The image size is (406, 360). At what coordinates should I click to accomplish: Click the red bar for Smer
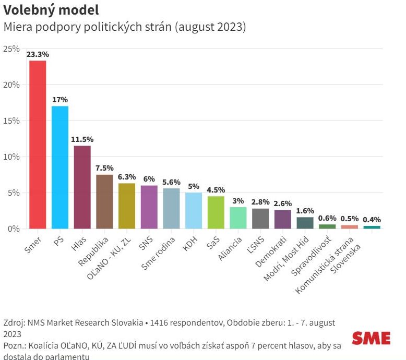(x=38, y=145)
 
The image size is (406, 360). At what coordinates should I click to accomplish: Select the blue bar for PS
(x=60, y=167)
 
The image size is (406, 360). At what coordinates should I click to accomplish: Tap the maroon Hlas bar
(x=82, y=187)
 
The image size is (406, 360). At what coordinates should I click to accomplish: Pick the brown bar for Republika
(x=104, y=201)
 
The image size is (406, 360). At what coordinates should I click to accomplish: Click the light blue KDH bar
(x=194, y=211)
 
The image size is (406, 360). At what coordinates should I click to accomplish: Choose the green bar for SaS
(x=216, y=212)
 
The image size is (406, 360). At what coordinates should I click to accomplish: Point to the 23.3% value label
(x=38, y=54)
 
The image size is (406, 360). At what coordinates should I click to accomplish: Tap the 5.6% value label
(x=171, y=182)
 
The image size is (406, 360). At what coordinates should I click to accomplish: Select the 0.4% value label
(x=372, y=220)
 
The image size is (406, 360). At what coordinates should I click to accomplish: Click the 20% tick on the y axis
(x=11, y=85)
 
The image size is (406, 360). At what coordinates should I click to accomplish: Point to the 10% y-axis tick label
(x=11, y=157)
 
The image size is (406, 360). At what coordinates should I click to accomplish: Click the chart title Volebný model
(x=51, y=10)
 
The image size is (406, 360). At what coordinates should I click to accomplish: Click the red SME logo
(x=371, y=338)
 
